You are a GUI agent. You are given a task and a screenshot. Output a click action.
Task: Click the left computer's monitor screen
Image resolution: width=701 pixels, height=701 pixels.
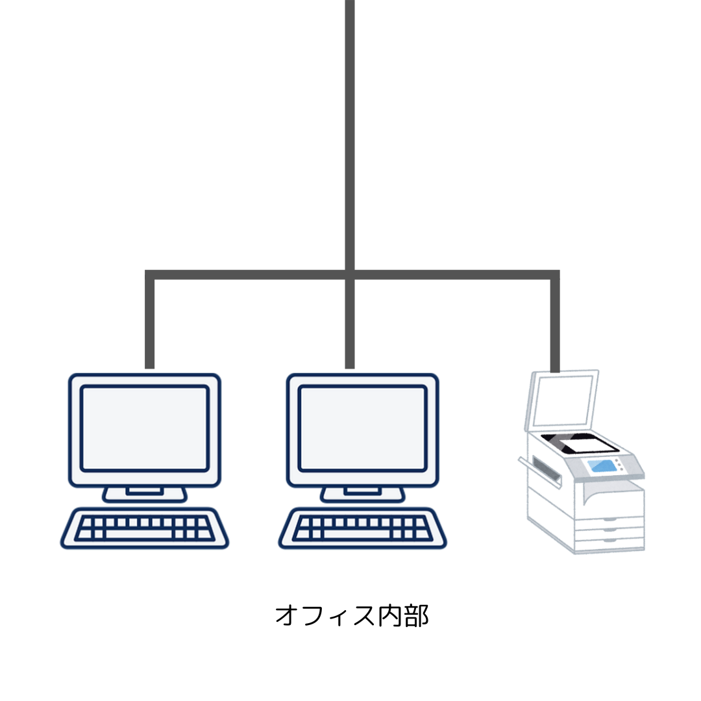click(x=144, y=428)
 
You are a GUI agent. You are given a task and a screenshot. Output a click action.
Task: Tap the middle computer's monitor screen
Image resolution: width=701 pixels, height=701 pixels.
click(x=363, y=428)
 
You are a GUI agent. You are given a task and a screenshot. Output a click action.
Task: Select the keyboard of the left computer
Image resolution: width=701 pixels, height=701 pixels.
click(x=144, y=528)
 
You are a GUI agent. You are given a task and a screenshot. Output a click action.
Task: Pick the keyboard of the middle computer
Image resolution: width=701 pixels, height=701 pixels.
click(x=363, y=528)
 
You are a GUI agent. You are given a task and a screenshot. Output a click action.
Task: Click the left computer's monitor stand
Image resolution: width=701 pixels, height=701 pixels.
click(x=144, y=494)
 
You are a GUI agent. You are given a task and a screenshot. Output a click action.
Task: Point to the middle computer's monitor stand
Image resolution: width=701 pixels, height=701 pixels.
click(x=363, y=494)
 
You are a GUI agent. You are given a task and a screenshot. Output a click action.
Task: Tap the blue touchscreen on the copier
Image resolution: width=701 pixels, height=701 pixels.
click(x=602, y=466)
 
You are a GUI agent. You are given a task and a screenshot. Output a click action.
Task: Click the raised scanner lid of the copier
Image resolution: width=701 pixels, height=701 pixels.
click(x=562, y=399)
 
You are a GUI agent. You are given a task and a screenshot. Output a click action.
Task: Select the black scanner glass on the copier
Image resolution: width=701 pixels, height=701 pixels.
click(x=580, y=443)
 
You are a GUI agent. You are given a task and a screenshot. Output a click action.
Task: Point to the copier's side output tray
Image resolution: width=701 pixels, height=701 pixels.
click(x=539, y=471)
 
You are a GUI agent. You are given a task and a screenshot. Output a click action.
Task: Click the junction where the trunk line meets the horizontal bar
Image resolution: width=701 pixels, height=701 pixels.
click(x=350, y=275)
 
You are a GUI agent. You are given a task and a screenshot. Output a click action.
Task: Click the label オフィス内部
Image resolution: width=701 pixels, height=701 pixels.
click(x=352, y=615)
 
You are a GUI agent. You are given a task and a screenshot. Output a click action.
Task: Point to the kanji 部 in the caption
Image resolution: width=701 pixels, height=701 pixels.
click(x=417, y=615)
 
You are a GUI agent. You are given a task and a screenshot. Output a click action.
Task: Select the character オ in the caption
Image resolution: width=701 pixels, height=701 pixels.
click(x=287, y=615)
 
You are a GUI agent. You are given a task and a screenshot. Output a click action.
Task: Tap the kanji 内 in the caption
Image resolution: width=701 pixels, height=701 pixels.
click(x=391, y=615)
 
